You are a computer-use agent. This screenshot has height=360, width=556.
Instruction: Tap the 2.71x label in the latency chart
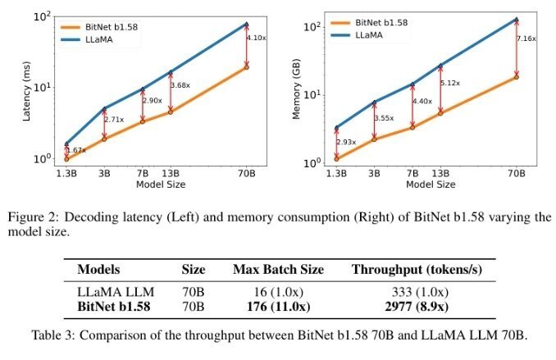pos(114,119)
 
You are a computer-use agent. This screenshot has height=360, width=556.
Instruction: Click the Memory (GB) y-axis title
pos(300,85)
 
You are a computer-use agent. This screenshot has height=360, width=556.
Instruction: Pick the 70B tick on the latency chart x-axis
pos(247,173)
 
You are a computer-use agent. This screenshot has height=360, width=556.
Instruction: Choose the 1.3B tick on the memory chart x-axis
pos(335,173)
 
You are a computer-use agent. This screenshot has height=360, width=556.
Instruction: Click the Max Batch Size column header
pos(279,269)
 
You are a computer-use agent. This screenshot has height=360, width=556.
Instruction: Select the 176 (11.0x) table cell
pos(279,308)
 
